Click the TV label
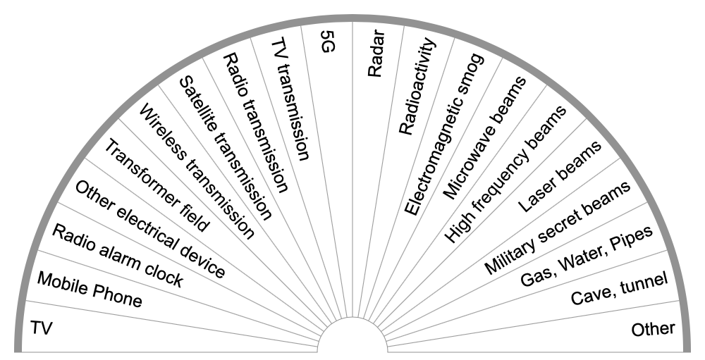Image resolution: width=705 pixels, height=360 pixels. tap(42, 328)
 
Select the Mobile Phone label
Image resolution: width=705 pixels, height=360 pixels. tap(90, 290)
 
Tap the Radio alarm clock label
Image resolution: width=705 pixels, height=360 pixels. tap(118, 257)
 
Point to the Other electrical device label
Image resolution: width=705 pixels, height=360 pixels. tap(150, 228)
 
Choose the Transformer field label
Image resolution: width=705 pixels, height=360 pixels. tap(156, 185)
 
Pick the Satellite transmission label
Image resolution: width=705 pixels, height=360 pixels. tap(225, 148)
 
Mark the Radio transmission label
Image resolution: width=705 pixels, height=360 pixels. tap(256, 122)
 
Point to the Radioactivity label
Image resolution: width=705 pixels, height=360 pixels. tap(417, 88)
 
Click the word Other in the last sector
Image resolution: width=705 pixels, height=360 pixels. tap(653, 328)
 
